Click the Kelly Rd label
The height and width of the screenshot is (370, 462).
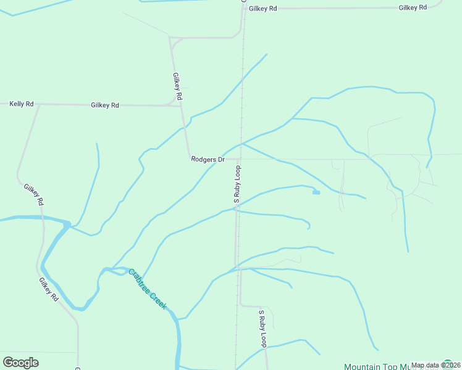pos(21,104)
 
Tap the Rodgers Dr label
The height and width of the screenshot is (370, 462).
pos(207,159)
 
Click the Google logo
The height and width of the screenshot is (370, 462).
pos(20,363)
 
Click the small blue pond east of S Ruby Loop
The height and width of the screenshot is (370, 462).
pos(316,192)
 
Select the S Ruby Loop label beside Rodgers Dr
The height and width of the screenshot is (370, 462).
pos(237,184)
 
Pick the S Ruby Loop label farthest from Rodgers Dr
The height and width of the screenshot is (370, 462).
pos(262,328)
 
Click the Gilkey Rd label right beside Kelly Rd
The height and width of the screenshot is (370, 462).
pos(104,105)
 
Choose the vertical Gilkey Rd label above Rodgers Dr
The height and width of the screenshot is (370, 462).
pos(177,87)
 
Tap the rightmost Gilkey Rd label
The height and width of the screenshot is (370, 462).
pos(413,7)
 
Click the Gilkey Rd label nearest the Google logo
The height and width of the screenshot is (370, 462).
pos(48,289)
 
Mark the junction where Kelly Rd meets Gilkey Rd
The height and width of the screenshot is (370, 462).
pos(39,104)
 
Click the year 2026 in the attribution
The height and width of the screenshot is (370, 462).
pos(451,365)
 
